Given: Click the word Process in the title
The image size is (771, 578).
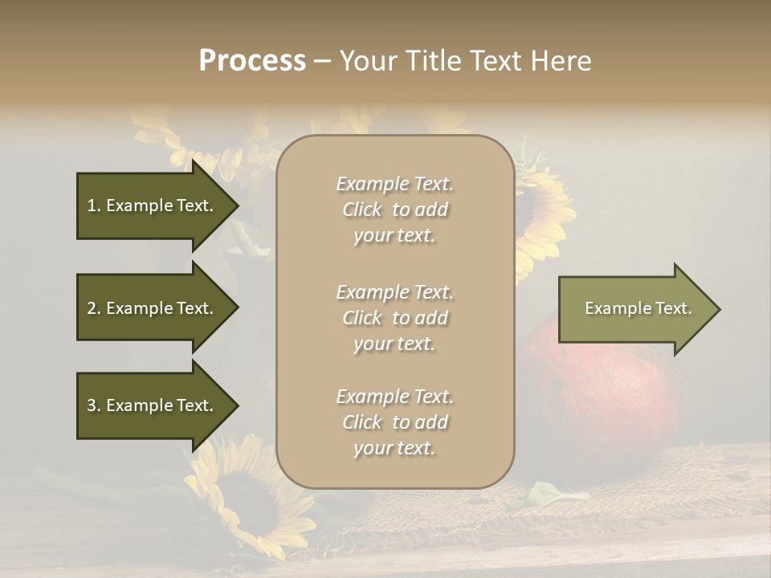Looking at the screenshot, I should [252, 61].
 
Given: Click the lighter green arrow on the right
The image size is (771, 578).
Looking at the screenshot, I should [634, 309].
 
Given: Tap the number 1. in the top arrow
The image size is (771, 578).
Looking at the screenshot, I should [94, 206].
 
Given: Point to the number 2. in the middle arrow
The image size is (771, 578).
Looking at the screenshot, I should [94, 308].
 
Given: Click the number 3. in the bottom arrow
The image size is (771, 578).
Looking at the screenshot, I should [94, 405].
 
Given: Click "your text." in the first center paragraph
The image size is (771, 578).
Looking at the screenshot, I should [394, 236].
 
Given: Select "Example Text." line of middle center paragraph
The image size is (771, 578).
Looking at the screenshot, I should [394, 292].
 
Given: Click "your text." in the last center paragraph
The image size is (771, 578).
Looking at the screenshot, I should [394, 448].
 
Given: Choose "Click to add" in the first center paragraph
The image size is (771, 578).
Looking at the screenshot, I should [394, 210].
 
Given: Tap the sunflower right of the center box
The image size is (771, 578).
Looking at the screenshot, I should [542, 217].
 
